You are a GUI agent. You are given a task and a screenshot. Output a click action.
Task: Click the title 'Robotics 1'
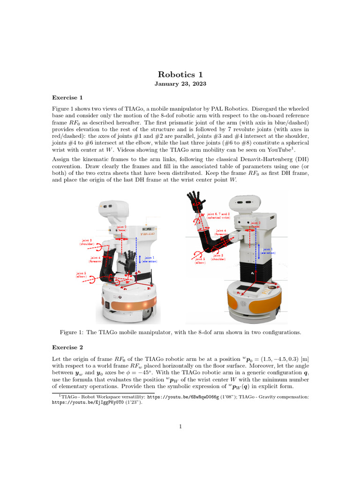(x=180, y=75)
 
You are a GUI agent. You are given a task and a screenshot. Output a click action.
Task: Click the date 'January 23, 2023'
(x=180, y=83)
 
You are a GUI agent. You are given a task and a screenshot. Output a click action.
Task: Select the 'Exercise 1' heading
(x=67, y=97)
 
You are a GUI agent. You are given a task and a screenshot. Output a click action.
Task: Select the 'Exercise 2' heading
(x=67, y=347)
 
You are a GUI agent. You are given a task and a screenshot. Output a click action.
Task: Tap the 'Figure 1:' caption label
(x=72, y=332)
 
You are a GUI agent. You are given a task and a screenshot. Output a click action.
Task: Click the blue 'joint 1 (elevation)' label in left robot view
(x=150, y=259)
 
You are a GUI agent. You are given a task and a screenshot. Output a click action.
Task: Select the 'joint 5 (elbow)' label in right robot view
(x=200, y=260)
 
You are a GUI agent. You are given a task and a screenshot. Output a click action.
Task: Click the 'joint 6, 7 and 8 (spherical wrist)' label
(x=218, y=216)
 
